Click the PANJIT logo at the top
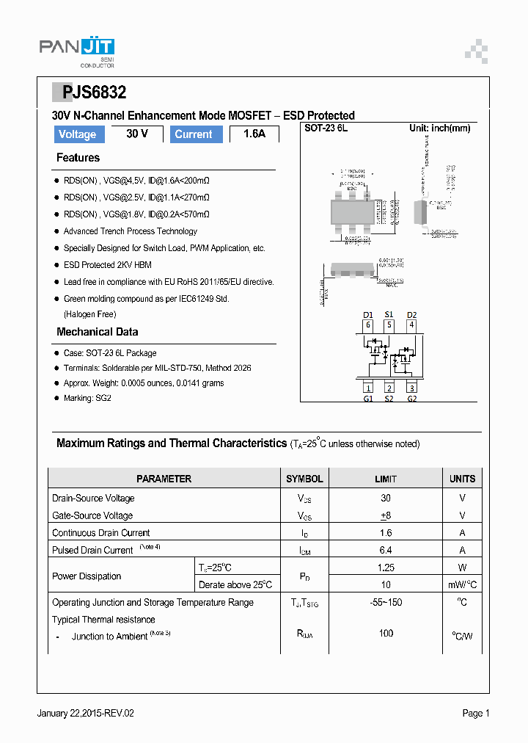(x=76, y=48)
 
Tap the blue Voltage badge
(x=77, y=134)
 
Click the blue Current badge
(x=194, y=134)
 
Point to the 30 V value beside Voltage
(x=137, y=134)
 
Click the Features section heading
(x=78, y=158)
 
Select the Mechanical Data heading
(x=97, y=332)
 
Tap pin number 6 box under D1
(x=368, y=325)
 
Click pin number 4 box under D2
(x=412, y=325)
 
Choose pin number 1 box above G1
(x=368, y=388)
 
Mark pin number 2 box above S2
(x=390, y=388)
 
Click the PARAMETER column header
(x=164, y=479)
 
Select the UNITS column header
(x=462, y=479)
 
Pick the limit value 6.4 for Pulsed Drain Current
(x=386, y=550)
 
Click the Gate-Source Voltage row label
(x=92, y=515)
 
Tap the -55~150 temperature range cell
(x=386, y=602)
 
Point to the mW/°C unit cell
(x=462, y=584)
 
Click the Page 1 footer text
(x=475, y=713)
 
